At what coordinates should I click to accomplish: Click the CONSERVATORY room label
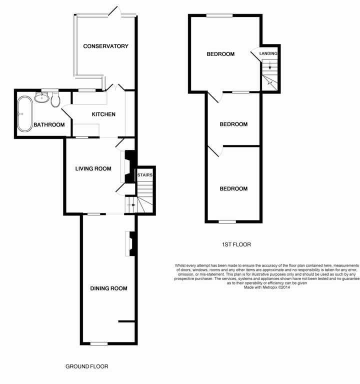105,46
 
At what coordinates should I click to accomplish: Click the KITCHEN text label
103,114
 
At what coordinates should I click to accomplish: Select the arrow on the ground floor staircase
132,204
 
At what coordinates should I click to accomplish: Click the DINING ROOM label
108,288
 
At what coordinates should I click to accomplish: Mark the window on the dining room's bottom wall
99,343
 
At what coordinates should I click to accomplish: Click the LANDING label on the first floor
268,53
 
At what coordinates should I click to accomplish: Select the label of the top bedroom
220,54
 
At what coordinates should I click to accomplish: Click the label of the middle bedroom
233,124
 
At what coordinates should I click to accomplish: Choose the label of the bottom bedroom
233,189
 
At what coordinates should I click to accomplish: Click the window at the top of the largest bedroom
219,15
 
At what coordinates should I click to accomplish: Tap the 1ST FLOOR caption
236,244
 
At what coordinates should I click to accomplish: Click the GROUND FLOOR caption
87,366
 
